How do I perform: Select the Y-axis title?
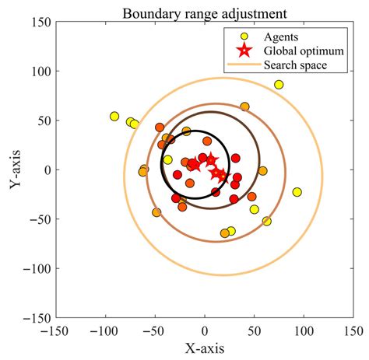pos(15,170)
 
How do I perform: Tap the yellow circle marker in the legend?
pos(244,36)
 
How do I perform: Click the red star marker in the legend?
pos(244,51)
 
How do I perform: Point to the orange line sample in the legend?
pos(244,65)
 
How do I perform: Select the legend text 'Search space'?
pos(295,65)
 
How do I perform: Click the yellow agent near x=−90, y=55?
pos(115,117)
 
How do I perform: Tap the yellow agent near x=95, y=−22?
pos(297,192)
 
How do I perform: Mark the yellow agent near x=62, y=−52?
pos(267,222)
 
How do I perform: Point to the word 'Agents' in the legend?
pos(281,36)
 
